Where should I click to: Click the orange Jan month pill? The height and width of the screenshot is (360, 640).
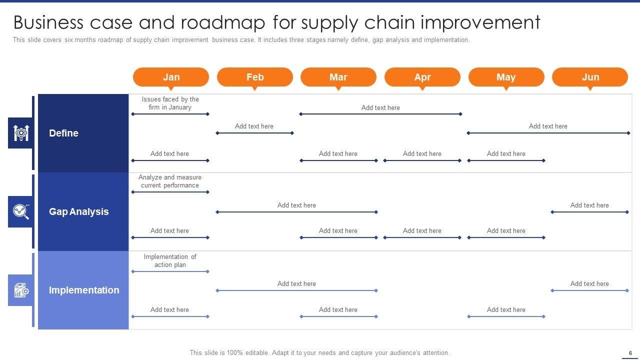point(171,77)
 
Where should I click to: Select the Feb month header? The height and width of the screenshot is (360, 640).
point(254,77)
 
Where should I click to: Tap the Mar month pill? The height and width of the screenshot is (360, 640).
point(338,77)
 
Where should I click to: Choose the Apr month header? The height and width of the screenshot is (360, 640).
point(422,77)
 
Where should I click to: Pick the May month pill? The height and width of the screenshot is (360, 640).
point(506,77)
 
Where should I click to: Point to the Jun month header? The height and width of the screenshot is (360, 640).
point(590,77)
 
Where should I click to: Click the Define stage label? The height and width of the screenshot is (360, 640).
point(63,133)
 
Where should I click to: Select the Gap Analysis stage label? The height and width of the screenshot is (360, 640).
point(78,211)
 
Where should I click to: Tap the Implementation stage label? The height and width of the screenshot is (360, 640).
point(83,290)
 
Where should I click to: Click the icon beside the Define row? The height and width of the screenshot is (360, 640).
point(20,133)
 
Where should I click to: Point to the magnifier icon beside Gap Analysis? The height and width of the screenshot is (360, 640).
point(20,211)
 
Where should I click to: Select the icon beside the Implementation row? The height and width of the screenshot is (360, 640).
point(20,290)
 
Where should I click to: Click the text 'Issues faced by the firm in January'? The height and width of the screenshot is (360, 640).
point(170,103)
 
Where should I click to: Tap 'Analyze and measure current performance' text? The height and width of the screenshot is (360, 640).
point(170,181)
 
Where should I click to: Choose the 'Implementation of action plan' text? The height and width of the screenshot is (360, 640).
point(170,261)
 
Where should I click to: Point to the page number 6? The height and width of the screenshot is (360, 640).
point(630,352)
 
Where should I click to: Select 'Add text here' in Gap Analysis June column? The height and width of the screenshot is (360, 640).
point(589,205)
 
